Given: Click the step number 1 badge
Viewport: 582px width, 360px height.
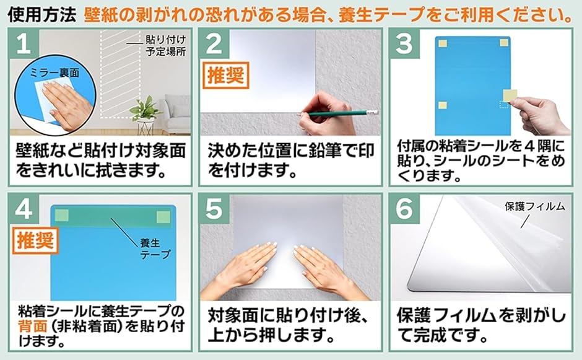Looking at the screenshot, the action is click(24, 44).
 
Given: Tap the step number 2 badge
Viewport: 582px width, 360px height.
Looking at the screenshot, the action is click(214, 44).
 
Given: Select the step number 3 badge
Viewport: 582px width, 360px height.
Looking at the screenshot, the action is click(404, 44).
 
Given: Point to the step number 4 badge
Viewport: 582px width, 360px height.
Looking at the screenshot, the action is click(24, 209).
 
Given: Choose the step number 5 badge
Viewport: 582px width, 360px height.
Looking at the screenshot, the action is click(214, 209).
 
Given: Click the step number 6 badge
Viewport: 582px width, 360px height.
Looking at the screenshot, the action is click(404, 209).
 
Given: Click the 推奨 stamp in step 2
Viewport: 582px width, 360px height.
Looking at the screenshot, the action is click(225, 76).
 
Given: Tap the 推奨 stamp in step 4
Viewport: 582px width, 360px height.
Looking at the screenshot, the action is click(36, 241).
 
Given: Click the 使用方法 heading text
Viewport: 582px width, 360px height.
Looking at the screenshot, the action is click(41, 14).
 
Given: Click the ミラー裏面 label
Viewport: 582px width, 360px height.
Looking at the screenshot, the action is click(54, 73).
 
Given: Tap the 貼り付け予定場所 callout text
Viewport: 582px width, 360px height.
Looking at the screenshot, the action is click(165, 45).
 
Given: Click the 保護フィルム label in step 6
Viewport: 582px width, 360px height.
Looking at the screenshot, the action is click(535, 206).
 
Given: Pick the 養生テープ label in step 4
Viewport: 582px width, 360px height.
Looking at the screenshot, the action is click(155, 248).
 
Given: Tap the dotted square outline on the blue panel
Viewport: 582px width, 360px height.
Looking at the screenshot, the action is click(504, 105).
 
